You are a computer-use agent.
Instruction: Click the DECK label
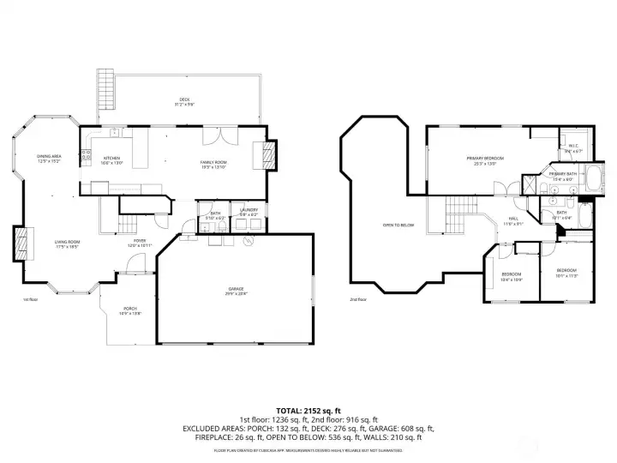tap(184, 102)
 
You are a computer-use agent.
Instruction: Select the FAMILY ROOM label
tap(213, 165)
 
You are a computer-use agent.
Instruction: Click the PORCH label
tap(130, 310)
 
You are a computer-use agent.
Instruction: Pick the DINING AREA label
tap(48, 158)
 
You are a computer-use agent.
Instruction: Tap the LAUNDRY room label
tap(249, 212)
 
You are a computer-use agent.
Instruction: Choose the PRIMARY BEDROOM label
tap(485, 160)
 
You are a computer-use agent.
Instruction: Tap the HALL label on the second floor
tap(513, 220)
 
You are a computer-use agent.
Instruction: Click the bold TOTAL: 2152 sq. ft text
tap(308, 411)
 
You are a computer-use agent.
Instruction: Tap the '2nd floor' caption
tap(359, 299)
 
